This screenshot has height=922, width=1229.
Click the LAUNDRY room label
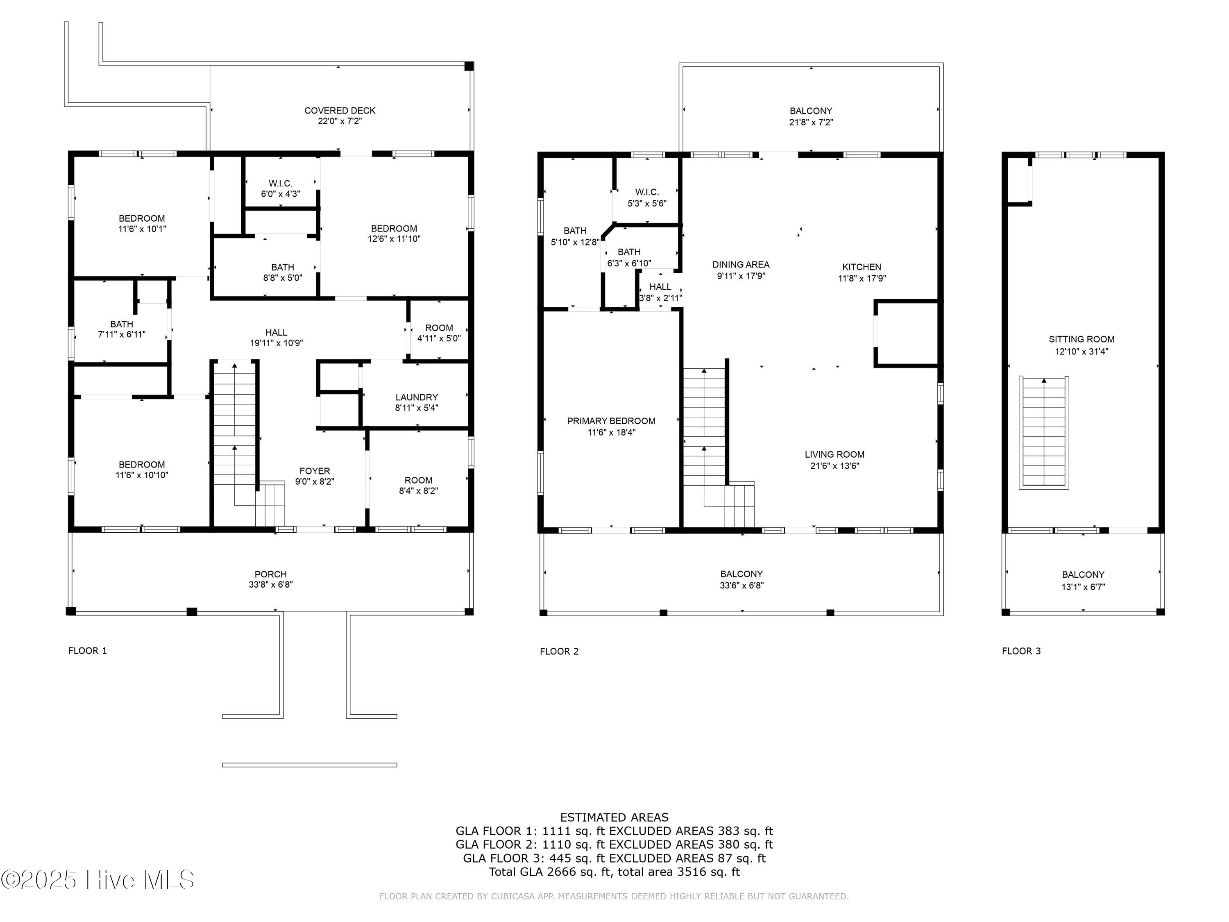pyautogui.click(x=417, y=397)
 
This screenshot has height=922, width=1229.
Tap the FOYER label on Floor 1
pyautogui.click(x=315, y=471)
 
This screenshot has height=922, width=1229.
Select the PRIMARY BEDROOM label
pyautogui.click(x=611, y=421)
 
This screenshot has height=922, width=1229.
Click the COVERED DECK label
pyautogui.click(x=340, y=111)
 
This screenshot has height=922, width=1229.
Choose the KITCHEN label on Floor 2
pyautogui.click(x=862, y=267)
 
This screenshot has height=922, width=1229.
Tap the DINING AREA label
pyautogui.click(x=741, y=265)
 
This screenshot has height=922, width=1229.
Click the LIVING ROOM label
pyautogui.click(x=834, y=454)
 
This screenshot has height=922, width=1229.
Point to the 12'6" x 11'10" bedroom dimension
pyautogui.click(x=395, y=239)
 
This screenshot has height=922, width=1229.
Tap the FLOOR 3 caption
pyautogui.click(x=1021, y=651)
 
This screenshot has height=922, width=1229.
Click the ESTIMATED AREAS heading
pyautogui.click(x=614, y=818)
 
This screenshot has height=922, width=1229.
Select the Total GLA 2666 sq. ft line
pyautogui.click(x=614, y=872)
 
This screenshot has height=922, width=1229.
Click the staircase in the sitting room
pyautogui.click(x=1044, y=432)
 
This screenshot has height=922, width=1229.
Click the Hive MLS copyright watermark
pyautogui.click(x=98, y=880)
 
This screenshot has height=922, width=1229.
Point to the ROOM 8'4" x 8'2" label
pyautogui.click(x=418, y=485)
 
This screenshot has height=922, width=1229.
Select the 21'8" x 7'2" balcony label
pyautogui.click(x=811, y=122)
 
